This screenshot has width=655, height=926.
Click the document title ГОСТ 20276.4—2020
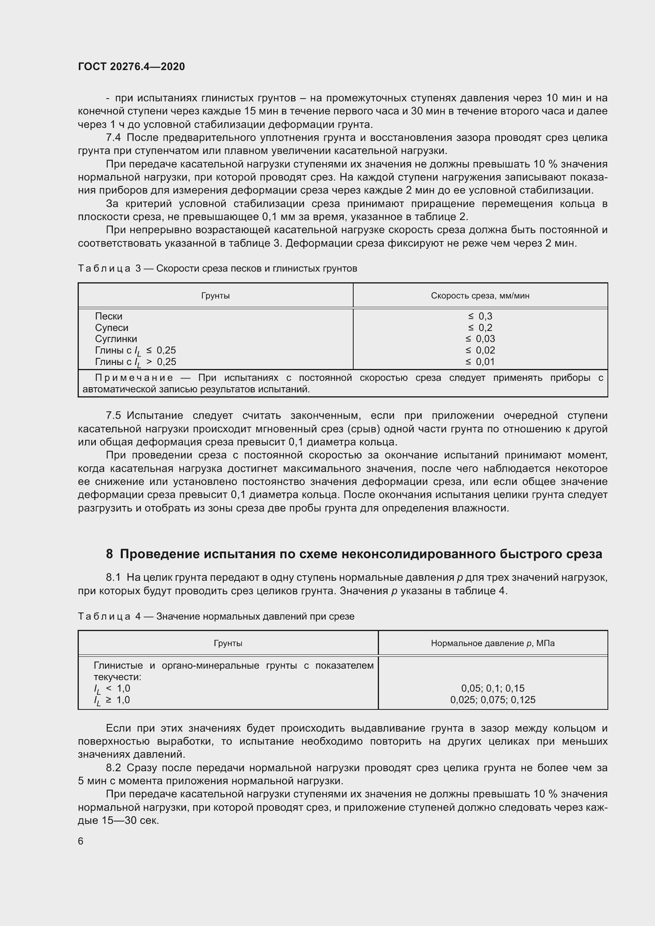pyautogui.click(x=131, y=67)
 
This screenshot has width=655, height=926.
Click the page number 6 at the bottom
pyautogui.click(x=81, y=841)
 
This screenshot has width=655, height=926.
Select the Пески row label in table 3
pyautogui.click(x=109, y=316)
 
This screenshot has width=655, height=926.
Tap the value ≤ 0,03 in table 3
pyautogui.click(x=480, y=339)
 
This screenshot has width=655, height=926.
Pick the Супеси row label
pyautogui.click(x=111, y=327)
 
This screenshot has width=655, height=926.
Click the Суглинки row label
pyautogui.click(x=116, y=339)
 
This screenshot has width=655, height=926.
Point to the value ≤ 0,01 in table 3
pyautogui.click(x=480, y=362)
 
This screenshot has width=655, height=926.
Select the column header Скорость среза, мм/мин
pyautogui.click(x=480, y=296)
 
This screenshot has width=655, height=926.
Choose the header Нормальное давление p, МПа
pyautogui.click(x=493, y=643)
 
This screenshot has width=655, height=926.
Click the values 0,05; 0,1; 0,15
pyautogui.click(x=493, y=688)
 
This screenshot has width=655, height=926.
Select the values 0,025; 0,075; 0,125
pyautogui.click(x=493, y=700)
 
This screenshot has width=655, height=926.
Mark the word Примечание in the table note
pyautogui.click(x=134, y=378)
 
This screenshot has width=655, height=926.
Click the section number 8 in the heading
pyautogui.click(x=109, y=554)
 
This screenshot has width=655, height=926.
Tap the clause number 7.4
pyautogui.click(x=113, y=138)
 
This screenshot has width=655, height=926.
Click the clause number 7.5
pyautogui.click(x=113, y=416)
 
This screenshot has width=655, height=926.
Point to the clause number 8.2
pyautogui.click(x=113, y=768)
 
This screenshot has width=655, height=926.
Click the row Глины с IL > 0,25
pyautogui.click(x=135, y=362)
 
